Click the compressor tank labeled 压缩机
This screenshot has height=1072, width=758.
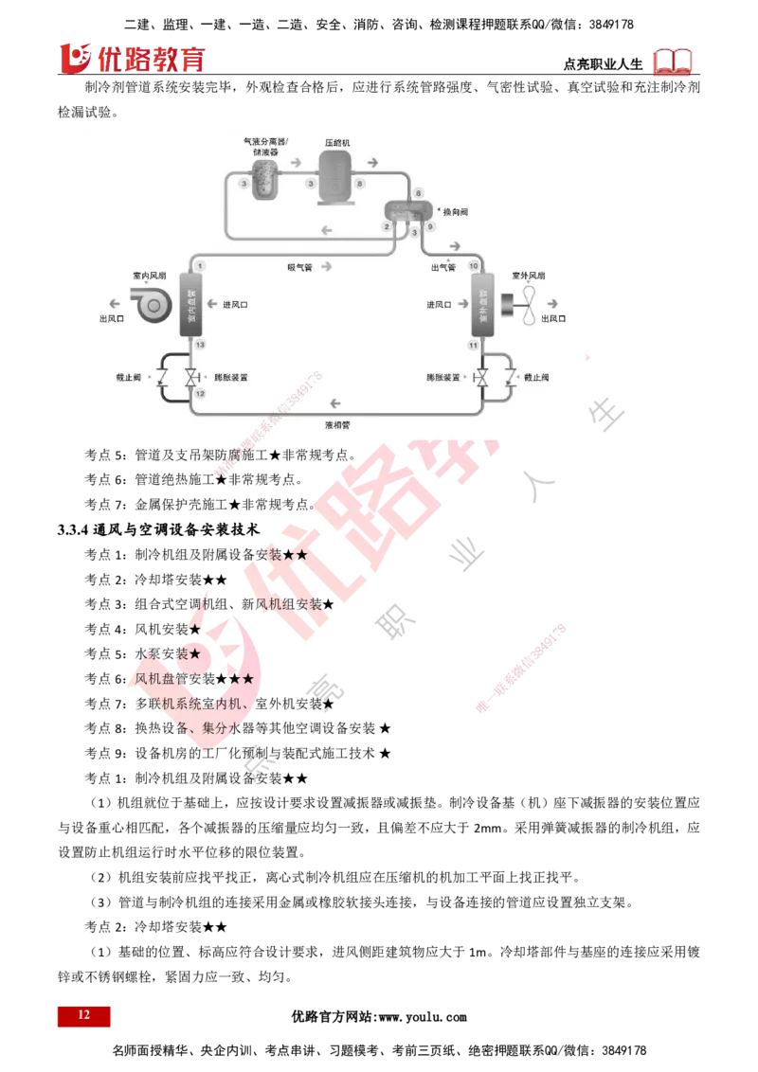337,174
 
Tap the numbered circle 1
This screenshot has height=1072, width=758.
201,267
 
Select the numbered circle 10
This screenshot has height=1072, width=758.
473,267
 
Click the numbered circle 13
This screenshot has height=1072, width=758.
200,345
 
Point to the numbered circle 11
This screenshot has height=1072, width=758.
473,345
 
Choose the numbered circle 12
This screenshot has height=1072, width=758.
200,392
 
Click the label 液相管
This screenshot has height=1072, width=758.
337,425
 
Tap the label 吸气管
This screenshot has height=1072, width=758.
300,267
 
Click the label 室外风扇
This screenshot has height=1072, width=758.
528,276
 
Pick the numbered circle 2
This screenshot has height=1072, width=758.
387,227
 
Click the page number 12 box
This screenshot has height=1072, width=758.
83,1015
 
